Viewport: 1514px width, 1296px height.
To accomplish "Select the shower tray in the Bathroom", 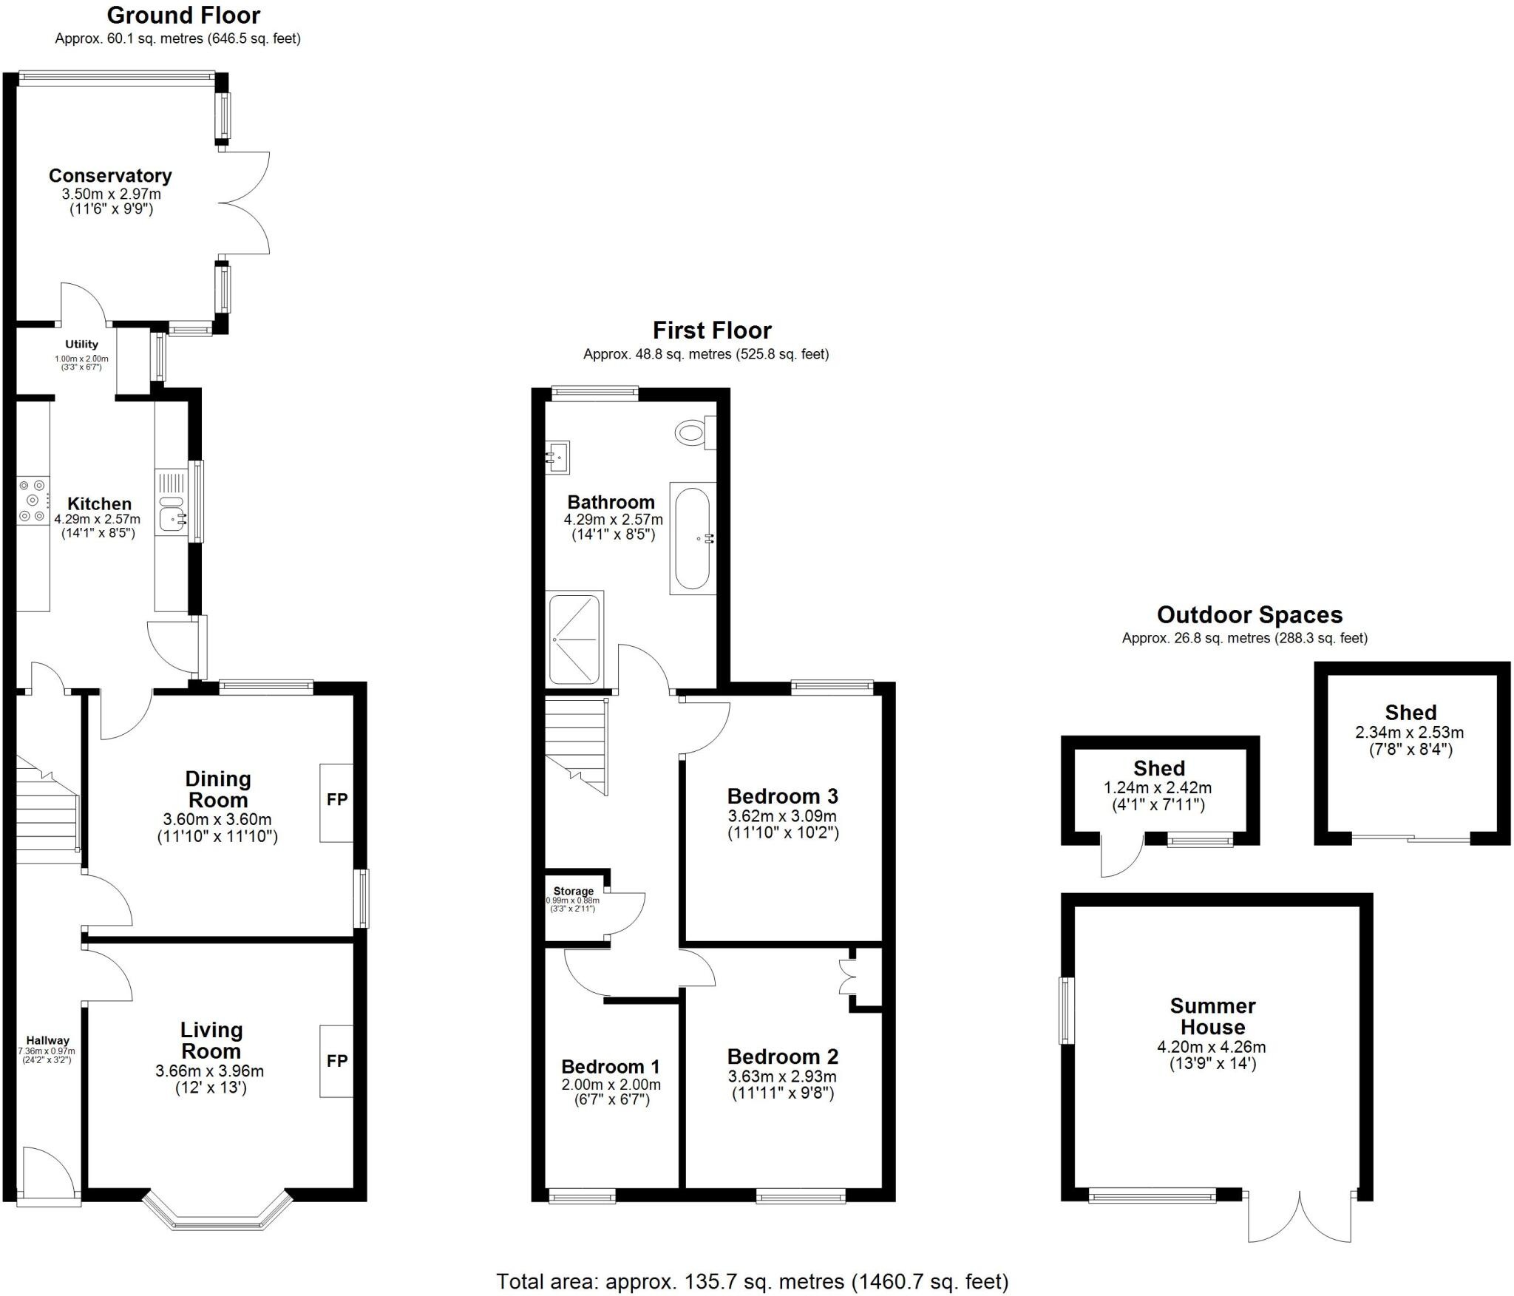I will (575, 639).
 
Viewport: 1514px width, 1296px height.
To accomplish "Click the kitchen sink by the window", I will (172, 518).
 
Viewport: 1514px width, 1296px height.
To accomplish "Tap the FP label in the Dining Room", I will (337, 800).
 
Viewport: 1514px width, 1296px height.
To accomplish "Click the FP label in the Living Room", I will (337, 1061).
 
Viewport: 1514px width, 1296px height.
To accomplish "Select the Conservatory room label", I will (110, 176).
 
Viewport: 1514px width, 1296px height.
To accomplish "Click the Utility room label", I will (81, 345).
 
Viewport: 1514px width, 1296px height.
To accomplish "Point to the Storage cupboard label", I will (574, 892).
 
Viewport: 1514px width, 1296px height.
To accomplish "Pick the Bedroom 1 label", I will (611, 1066).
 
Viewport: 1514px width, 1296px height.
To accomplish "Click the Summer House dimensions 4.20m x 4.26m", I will (1212, 1047).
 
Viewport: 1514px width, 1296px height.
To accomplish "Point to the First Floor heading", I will (711, 330).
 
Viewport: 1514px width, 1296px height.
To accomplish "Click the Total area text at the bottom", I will (752, 1281).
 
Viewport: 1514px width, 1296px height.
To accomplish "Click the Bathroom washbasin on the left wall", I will (557, 457).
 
